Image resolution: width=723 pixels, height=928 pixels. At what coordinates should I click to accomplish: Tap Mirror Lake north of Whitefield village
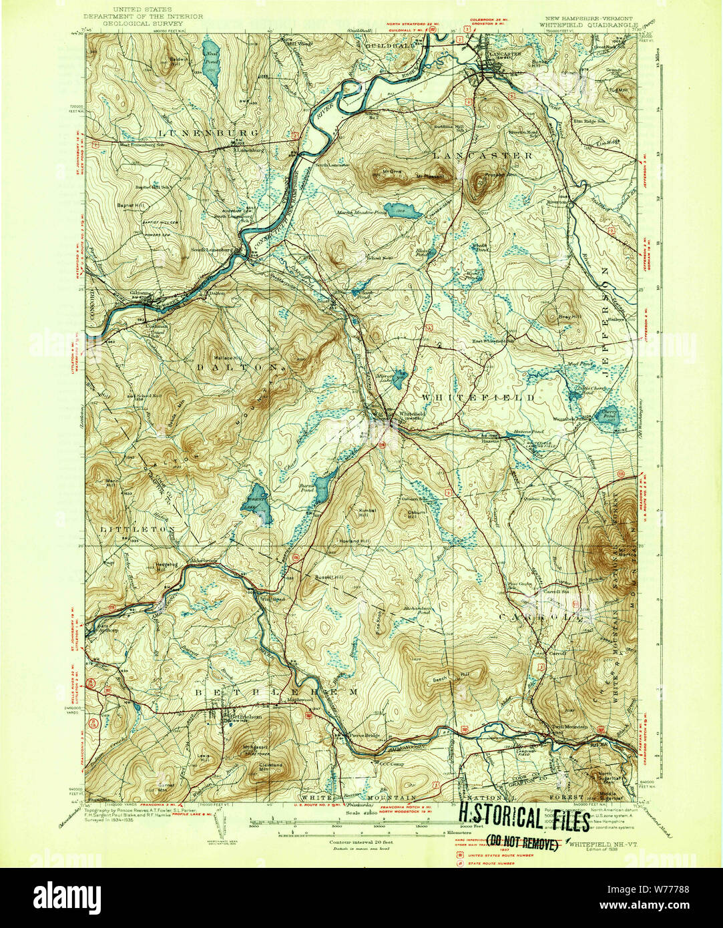tap(399, 379)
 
